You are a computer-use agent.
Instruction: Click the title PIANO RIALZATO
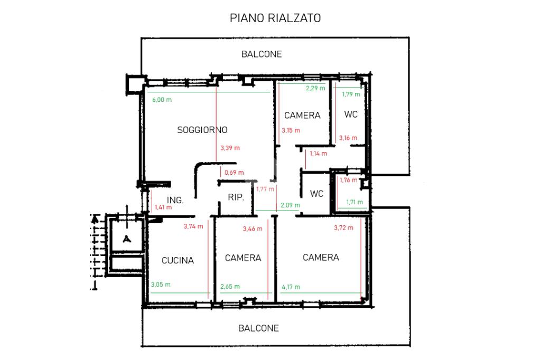coord(275,18)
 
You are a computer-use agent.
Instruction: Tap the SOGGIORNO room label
coord(202,130)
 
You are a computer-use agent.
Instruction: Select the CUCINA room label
coord(178,260)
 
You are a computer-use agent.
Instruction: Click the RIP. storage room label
coord(236,197)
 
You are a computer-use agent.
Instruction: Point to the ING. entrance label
coord(175,200)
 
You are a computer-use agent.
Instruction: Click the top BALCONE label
coord(262,54)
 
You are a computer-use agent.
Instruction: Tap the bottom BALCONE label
coord(258,328)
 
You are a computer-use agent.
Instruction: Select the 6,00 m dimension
coord(162,100)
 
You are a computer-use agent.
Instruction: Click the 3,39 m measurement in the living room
coord(230,148)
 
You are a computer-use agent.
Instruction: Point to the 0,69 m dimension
coord(234,173)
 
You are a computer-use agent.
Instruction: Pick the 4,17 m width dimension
coord(291,287)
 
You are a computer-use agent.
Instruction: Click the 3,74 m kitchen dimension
coord(193,226)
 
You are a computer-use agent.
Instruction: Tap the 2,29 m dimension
coord(315,88)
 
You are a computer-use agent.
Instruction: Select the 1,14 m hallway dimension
coord(318,154)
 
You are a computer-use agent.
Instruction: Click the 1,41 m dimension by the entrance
coord(163,207)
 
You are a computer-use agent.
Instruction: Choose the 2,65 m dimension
coord(230,287)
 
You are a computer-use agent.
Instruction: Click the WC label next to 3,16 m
coord(351,115)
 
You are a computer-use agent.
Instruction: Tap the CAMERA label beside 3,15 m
coord(302,115)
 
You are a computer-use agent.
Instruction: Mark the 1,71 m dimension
coord(355,202)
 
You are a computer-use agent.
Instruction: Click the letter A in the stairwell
coord(127,238)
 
